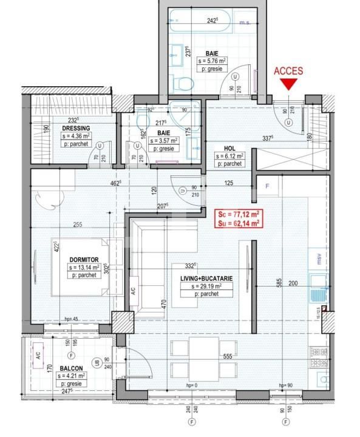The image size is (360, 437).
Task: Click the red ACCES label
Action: tap(288, 71)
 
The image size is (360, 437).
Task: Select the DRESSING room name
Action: tap(76, 128)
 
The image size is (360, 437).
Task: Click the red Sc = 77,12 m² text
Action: tap(239, 214)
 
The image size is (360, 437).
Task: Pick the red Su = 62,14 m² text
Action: tap(239, 223)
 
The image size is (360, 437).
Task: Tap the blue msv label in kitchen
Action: tap(316, 256)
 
